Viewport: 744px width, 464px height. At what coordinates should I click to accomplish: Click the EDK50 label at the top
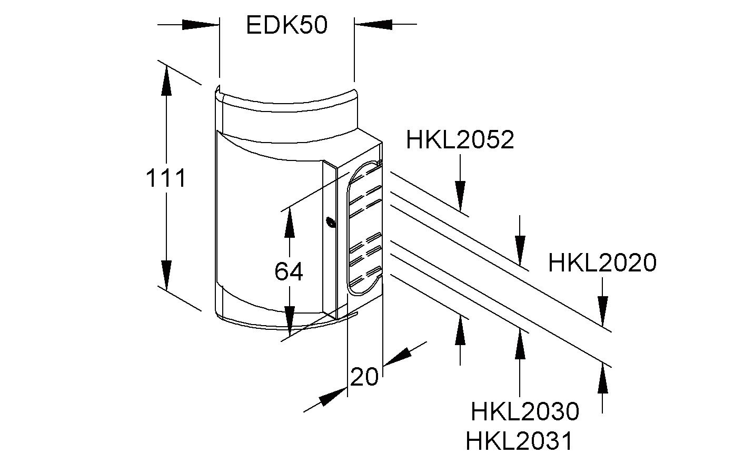tap(286, 25)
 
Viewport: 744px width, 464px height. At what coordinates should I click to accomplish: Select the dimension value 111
tap(165, 179)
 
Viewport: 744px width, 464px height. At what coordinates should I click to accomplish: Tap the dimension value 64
tap(289, 272)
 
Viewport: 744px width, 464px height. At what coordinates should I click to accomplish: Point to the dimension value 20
tap(364, 377)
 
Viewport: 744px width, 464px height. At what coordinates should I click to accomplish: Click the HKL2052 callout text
tap(460, 140)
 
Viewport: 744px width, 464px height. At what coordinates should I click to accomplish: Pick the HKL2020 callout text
tap(602, 263)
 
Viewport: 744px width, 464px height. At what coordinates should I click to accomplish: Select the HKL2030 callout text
tap(524, 411)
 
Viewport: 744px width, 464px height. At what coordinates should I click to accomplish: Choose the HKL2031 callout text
tap(519, 441)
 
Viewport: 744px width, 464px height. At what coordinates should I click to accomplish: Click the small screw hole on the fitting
tap(330, 223)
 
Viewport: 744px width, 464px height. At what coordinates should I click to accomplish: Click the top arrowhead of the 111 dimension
tap(166, 82)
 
